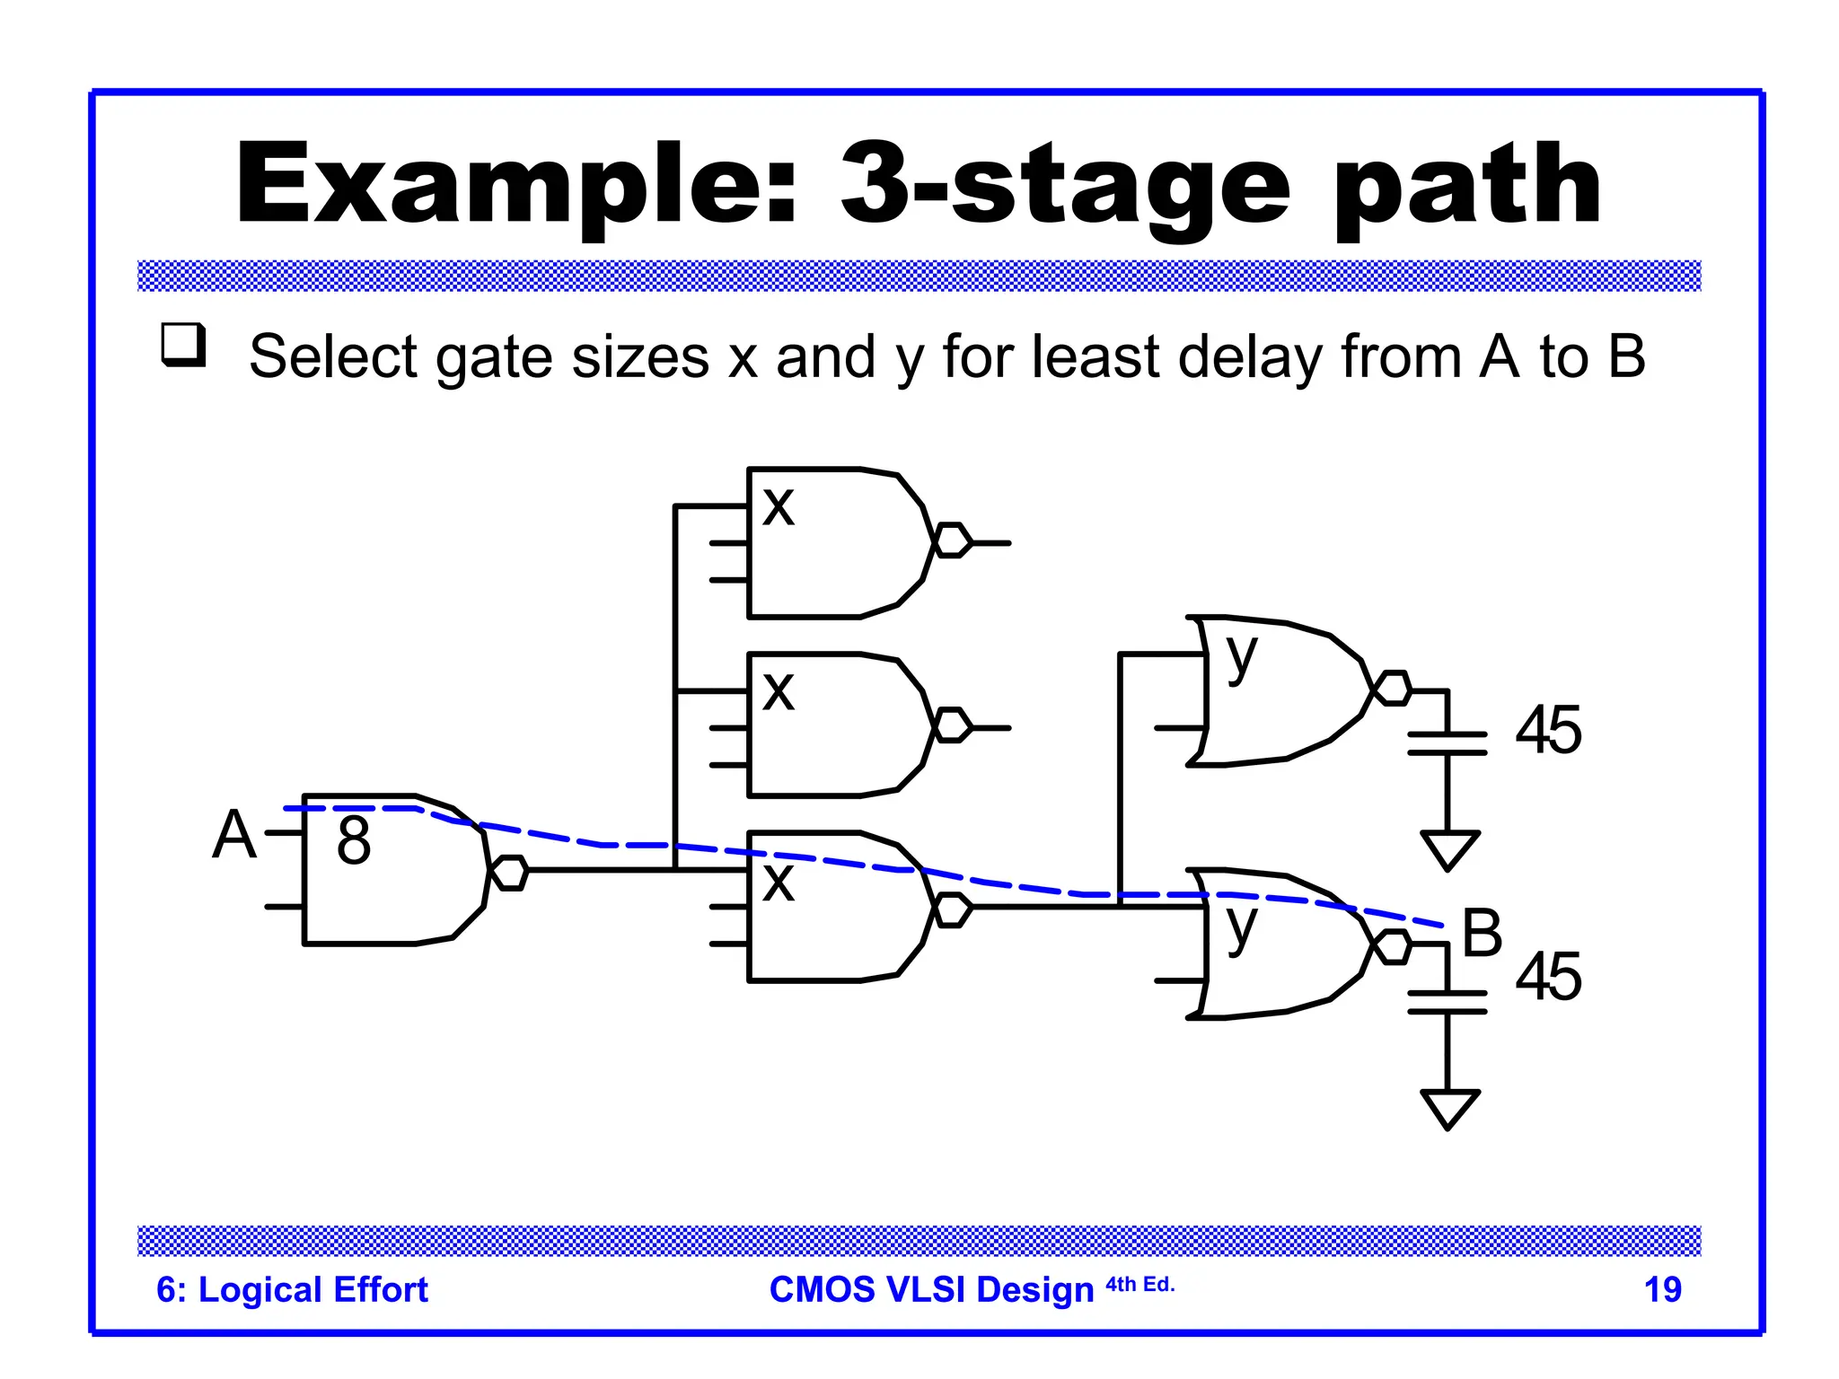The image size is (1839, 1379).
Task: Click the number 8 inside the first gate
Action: (354, 840)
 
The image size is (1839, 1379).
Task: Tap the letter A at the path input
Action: (233, 835)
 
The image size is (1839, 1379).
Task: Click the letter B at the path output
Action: (1482, 933)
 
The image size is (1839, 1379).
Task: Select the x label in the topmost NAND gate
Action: (779, 506)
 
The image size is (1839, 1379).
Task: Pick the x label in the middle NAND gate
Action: (779, 691)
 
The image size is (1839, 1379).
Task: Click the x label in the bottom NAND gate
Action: (779, 883)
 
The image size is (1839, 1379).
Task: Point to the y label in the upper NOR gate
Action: (1242, 657)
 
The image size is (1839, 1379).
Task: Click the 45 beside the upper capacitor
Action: (1548, 730)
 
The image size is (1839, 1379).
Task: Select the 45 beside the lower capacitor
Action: (1548, 977)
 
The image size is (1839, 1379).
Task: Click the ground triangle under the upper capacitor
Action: (1449, 848)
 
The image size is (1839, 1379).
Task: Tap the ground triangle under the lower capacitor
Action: (1449, 1106)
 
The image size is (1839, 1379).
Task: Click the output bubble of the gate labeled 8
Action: (510, 873)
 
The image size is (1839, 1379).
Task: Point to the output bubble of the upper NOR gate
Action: (1393, 689)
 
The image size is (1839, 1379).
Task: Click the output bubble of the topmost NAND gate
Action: (953, 541)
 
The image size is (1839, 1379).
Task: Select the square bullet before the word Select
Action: (183, 345)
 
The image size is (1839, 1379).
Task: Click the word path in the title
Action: (1467, 186)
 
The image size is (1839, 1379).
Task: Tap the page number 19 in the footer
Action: (1662, 1289)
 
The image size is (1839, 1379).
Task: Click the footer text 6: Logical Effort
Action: (292, 1289)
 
